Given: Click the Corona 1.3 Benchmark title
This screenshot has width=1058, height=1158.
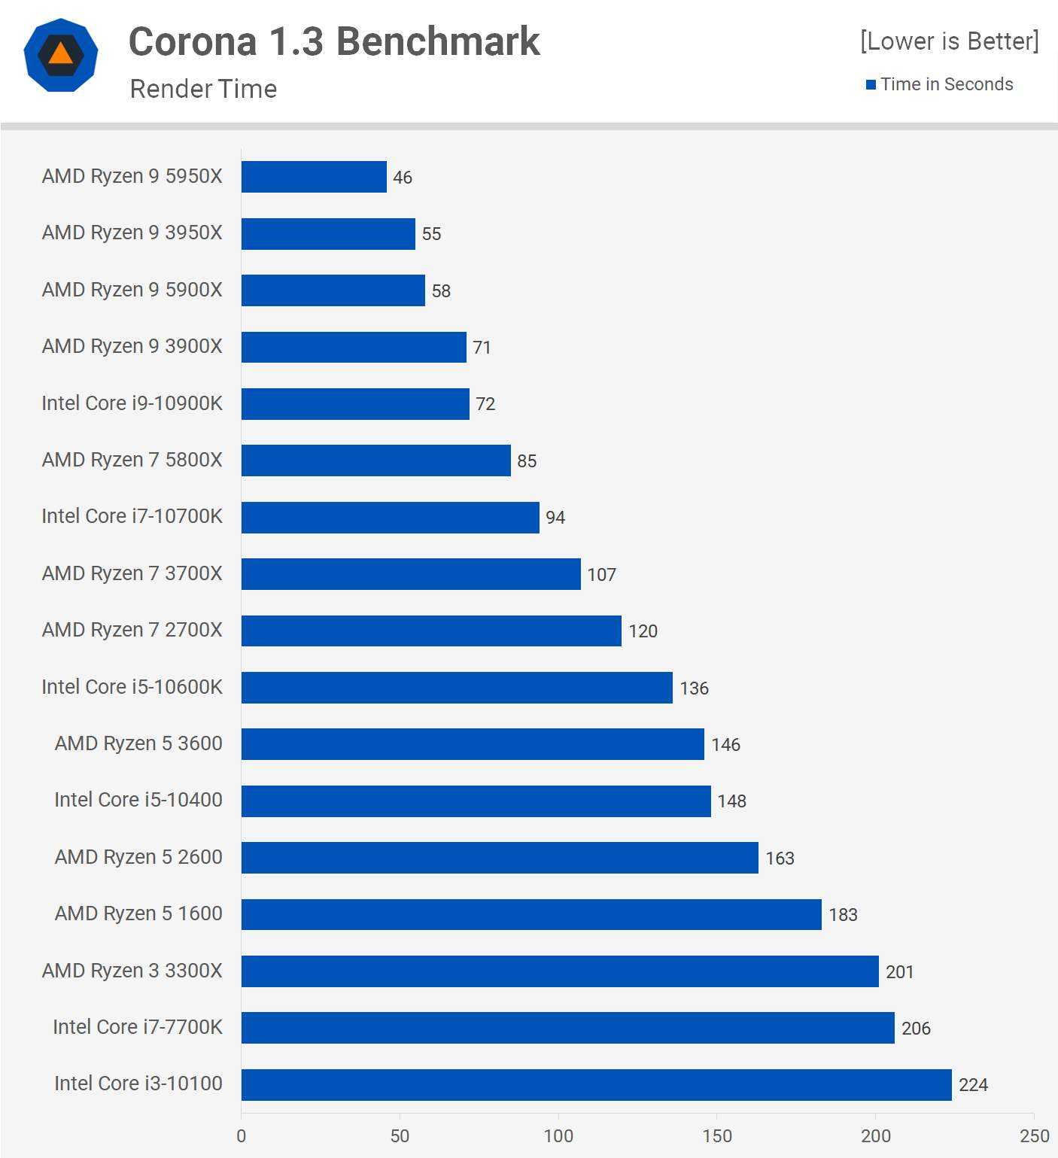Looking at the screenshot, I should click(334, 41).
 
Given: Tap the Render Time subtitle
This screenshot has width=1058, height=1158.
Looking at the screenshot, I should click(203, 89).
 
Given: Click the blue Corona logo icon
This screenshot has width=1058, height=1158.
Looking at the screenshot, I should click(61, 56).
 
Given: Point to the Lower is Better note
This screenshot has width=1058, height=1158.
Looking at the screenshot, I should click(949, 41).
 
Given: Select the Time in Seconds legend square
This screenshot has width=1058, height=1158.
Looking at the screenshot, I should click(871, 84).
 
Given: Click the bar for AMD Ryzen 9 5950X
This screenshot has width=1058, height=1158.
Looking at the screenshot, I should click(314, 177).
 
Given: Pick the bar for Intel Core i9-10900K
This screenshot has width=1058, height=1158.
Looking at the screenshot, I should click(355, 403).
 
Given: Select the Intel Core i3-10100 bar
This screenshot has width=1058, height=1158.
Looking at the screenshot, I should click(596, 1084).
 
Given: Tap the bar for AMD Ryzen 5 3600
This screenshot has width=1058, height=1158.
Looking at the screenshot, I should click(473, 744).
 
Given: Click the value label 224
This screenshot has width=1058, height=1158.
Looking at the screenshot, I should click(973, 1085).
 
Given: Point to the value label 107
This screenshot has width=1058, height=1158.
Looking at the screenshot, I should click(601, 575).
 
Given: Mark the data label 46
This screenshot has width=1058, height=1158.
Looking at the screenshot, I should click(403, 178).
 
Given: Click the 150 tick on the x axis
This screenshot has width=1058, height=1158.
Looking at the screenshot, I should click(717, 1135).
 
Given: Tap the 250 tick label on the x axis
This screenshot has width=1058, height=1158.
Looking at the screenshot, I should click(1034, 1135).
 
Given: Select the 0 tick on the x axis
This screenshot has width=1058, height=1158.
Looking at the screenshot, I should click(242, 1135).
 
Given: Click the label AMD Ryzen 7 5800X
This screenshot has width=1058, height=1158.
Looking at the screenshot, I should click(132, 460).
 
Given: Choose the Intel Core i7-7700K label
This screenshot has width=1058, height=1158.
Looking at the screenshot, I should click(138, 1027).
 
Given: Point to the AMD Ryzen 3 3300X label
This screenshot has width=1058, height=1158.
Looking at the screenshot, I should click(132, 971).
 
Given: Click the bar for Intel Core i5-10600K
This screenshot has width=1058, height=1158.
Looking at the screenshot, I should click(457, 688).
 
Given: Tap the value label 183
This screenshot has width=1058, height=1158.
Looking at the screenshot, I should click(843, 915).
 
